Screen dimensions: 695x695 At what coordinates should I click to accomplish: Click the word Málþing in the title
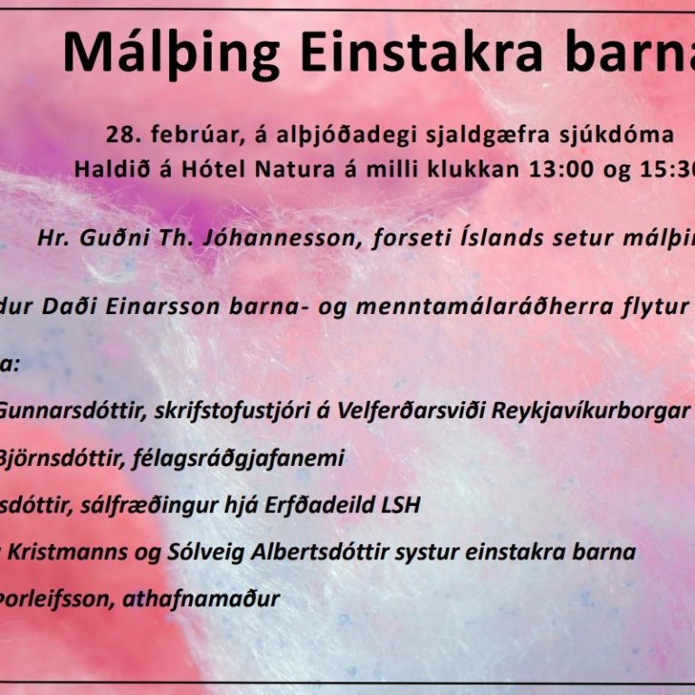pyautogui.click(x=172, y=53)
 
